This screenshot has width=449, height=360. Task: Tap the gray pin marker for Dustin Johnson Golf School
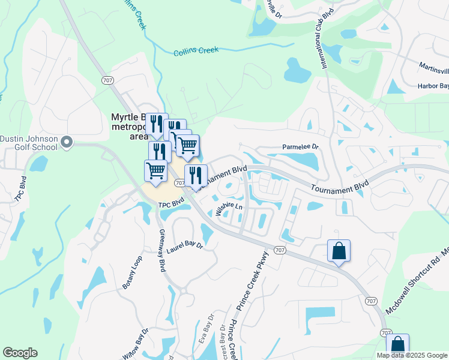67,143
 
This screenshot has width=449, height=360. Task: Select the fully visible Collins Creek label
196,51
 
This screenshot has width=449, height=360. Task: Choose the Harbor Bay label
433,86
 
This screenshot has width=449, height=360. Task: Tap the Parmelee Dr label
300,147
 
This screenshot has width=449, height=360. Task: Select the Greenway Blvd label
162,250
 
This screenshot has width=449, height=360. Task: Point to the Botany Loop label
133,273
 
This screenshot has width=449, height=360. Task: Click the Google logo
20,353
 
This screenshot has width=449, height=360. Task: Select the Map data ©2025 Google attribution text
412,355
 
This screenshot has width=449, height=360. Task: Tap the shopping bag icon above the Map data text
397,345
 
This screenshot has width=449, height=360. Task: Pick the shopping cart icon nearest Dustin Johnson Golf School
156,170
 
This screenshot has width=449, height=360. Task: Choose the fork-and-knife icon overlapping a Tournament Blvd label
196,175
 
